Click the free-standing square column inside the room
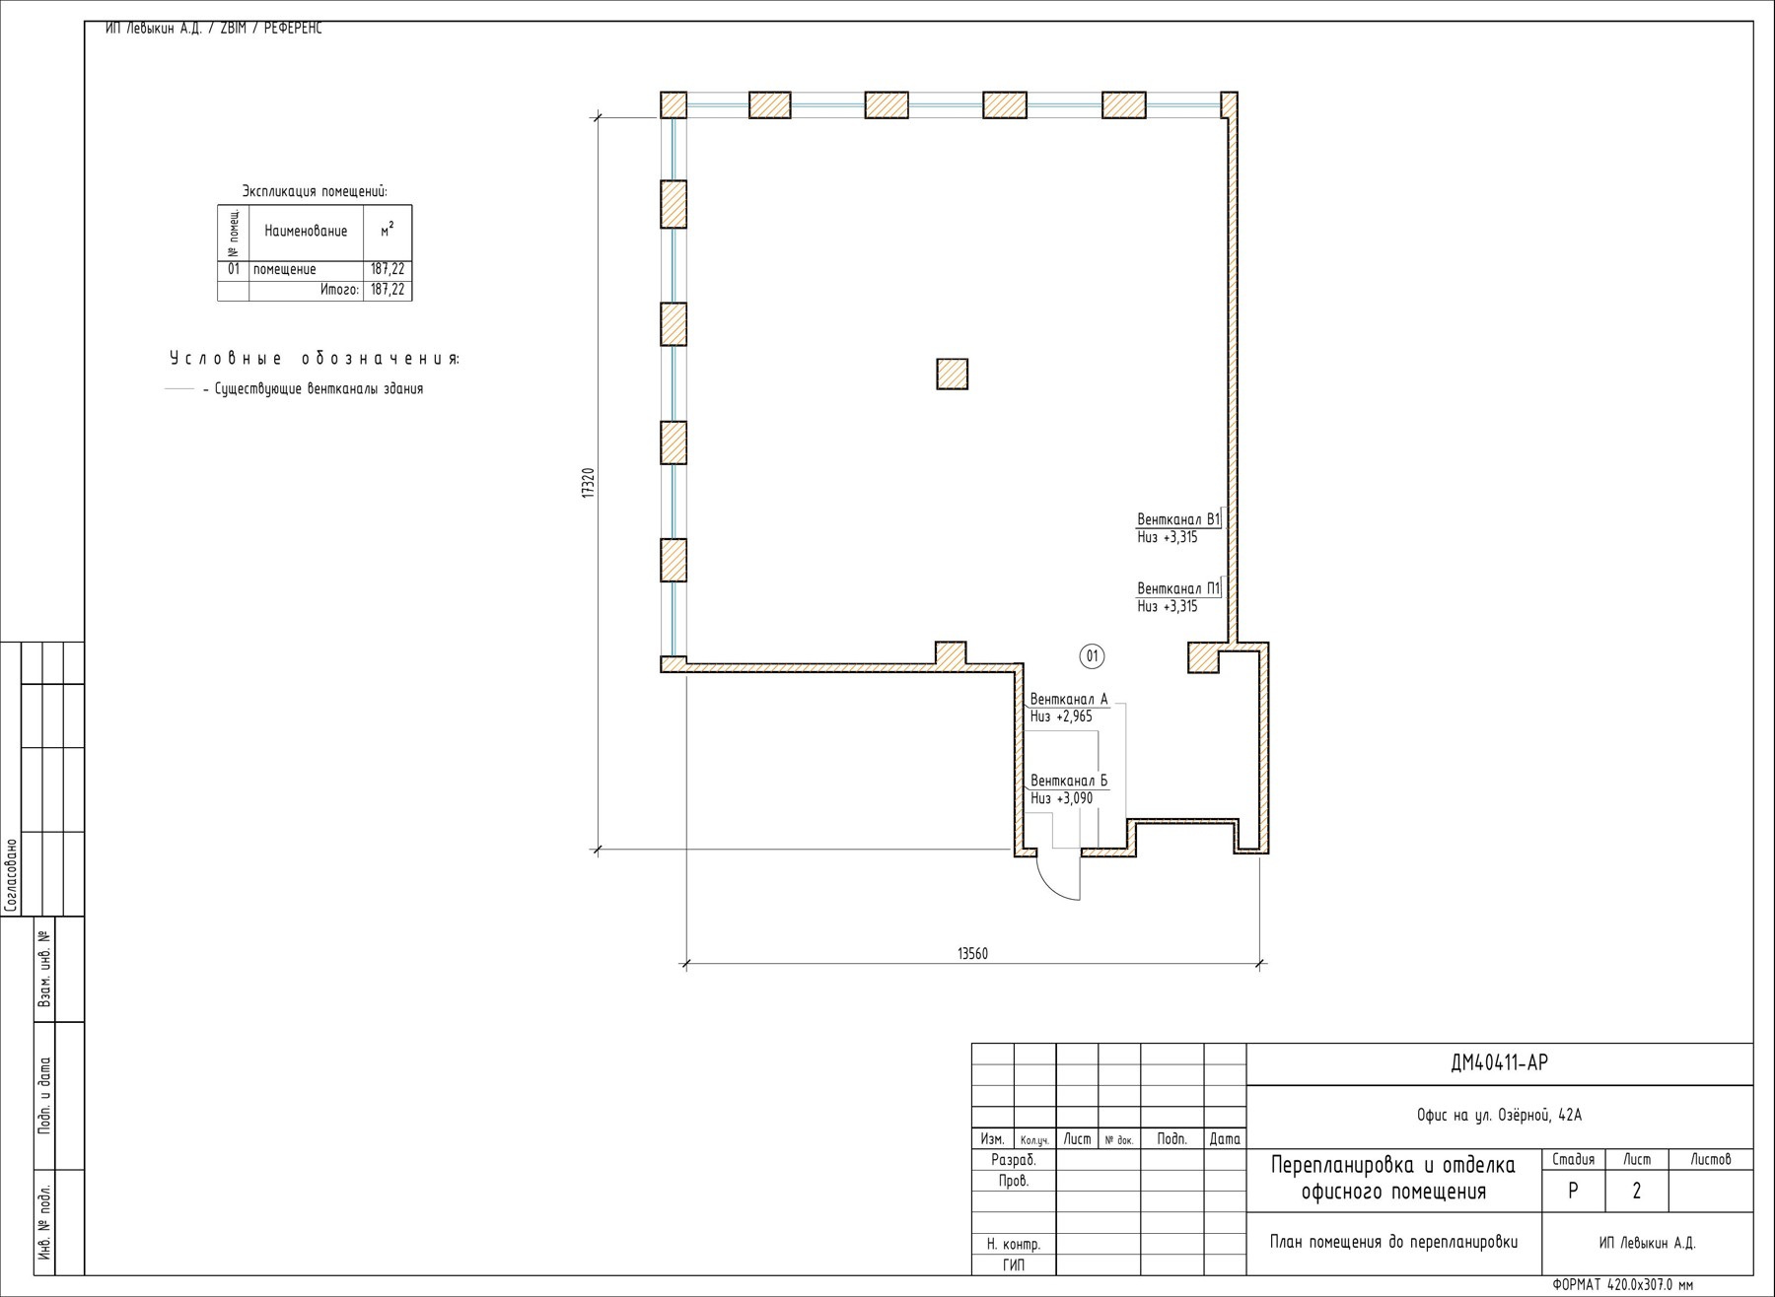pos(952,374)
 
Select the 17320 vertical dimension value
pos(588,484)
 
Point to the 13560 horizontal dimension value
pos(972,953)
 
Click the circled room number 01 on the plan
pos(1092,656)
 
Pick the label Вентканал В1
pos(1178,519)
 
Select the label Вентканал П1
pos(1178,588)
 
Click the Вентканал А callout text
pos(1069,699)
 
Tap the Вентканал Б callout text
pos(1069,781)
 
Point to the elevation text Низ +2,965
pos(1061,717)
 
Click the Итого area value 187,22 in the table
pos(388,290)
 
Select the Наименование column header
pos(306,231)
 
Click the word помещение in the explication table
pos(285,269)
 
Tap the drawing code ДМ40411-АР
pos(1500,1062)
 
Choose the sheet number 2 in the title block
pos(1637,1191)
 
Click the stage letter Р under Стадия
pos(1573,1191)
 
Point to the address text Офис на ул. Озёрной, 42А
pos(1499,1116)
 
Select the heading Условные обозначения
pos(315,358)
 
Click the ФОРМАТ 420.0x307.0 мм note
pos(1622,1285)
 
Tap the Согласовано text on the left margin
pos(11,875)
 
